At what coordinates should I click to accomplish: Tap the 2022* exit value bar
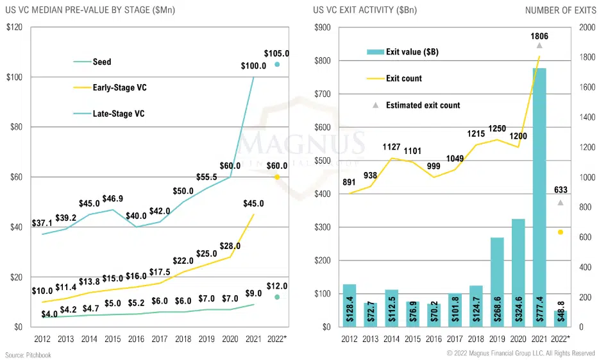[x=560, y=319]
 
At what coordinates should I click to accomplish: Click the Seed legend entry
[x=101, y=62]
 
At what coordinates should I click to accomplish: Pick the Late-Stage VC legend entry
[x=118, y=114]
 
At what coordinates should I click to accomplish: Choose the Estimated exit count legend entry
[x=423, y=105]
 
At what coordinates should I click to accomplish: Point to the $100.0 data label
[x=254, y=66]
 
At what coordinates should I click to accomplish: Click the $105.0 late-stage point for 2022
[x=277, y=64]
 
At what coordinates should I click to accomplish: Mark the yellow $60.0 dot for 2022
[x=277, y=177]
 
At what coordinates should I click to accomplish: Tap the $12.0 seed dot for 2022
[x=277, y=297]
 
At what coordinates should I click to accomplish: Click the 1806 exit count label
[x=539, y=37]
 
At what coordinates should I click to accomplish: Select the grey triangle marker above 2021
[x=539, y=46]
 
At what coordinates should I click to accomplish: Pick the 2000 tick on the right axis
[x=586, y=28]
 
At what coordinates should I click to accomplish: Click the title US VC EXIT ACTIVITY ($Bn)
[x=362, y=10]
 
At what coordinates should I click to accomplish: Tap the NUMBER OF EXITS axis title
[x=560, y=10]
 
